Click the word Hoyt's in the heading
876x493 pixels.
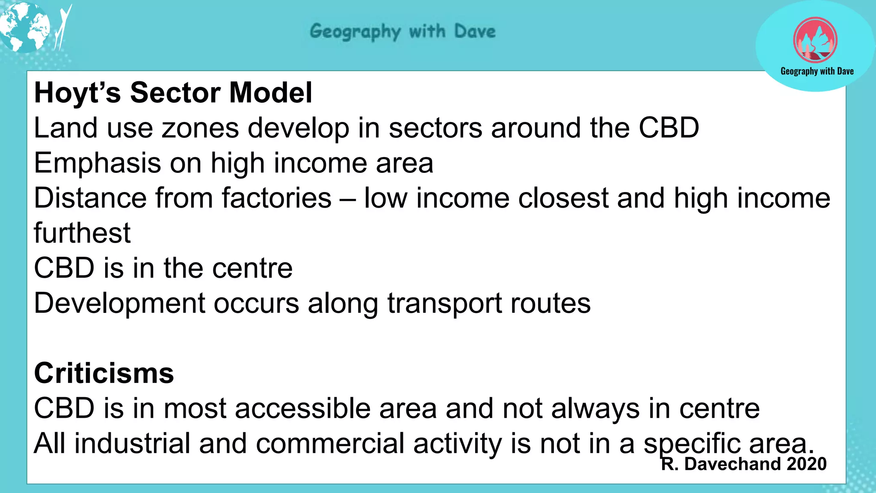pos(77,93)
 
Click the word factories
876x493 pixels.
pos(276,198)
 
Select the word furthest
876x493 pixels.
pos(82,233)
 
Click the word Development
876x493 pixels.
pos(120,303)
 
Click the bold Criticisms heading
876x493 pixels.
pos(104,373)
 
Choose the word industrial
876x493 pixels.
pos(132,443)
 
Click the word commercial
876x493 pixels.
pos(330,443)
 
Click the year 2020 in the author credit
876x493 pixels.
pos(806,464)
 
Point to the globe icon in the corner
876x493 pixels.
pos(25,27)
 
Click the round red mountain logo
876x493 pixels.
pos(815,41)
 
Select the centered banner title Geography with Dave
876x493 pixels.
pos(402,32)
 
